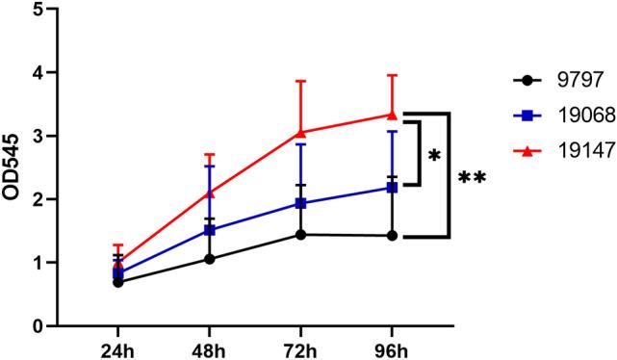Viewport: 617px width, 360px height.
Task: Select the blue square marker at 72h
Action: pyautogui.click(x=302, y=203)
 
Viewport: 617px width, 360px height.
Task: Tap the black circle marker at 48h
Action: pyautogui.click(x=210, y=259)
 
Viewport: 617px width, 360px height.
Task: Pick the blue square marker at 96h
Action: pyautogui.click(x=391, y=188)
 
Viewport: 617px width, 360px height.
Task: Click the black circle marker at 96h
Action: pyautogui.click(x=391, y=236)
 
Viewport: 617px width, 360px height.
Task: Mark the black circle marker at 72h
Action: pyautogui.click(x=302, y=235)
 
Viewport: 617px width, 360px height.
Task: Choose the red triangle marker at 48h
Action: pyautogui.click(x=210, y=193)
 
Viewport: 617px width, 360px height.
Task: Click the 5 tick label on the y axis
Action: pyautogui.click(x=39, y=10)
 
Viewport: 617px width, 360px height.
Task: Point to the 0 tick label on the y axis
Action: pyautogui.click(x=39, y=325)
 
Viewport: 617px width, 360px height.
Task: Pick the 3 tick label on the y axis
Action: pyautogui.click(x=39, y=137)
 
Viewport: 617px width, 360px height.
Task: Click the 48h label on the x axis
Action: pyautogui.click(x=210, y=347)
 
